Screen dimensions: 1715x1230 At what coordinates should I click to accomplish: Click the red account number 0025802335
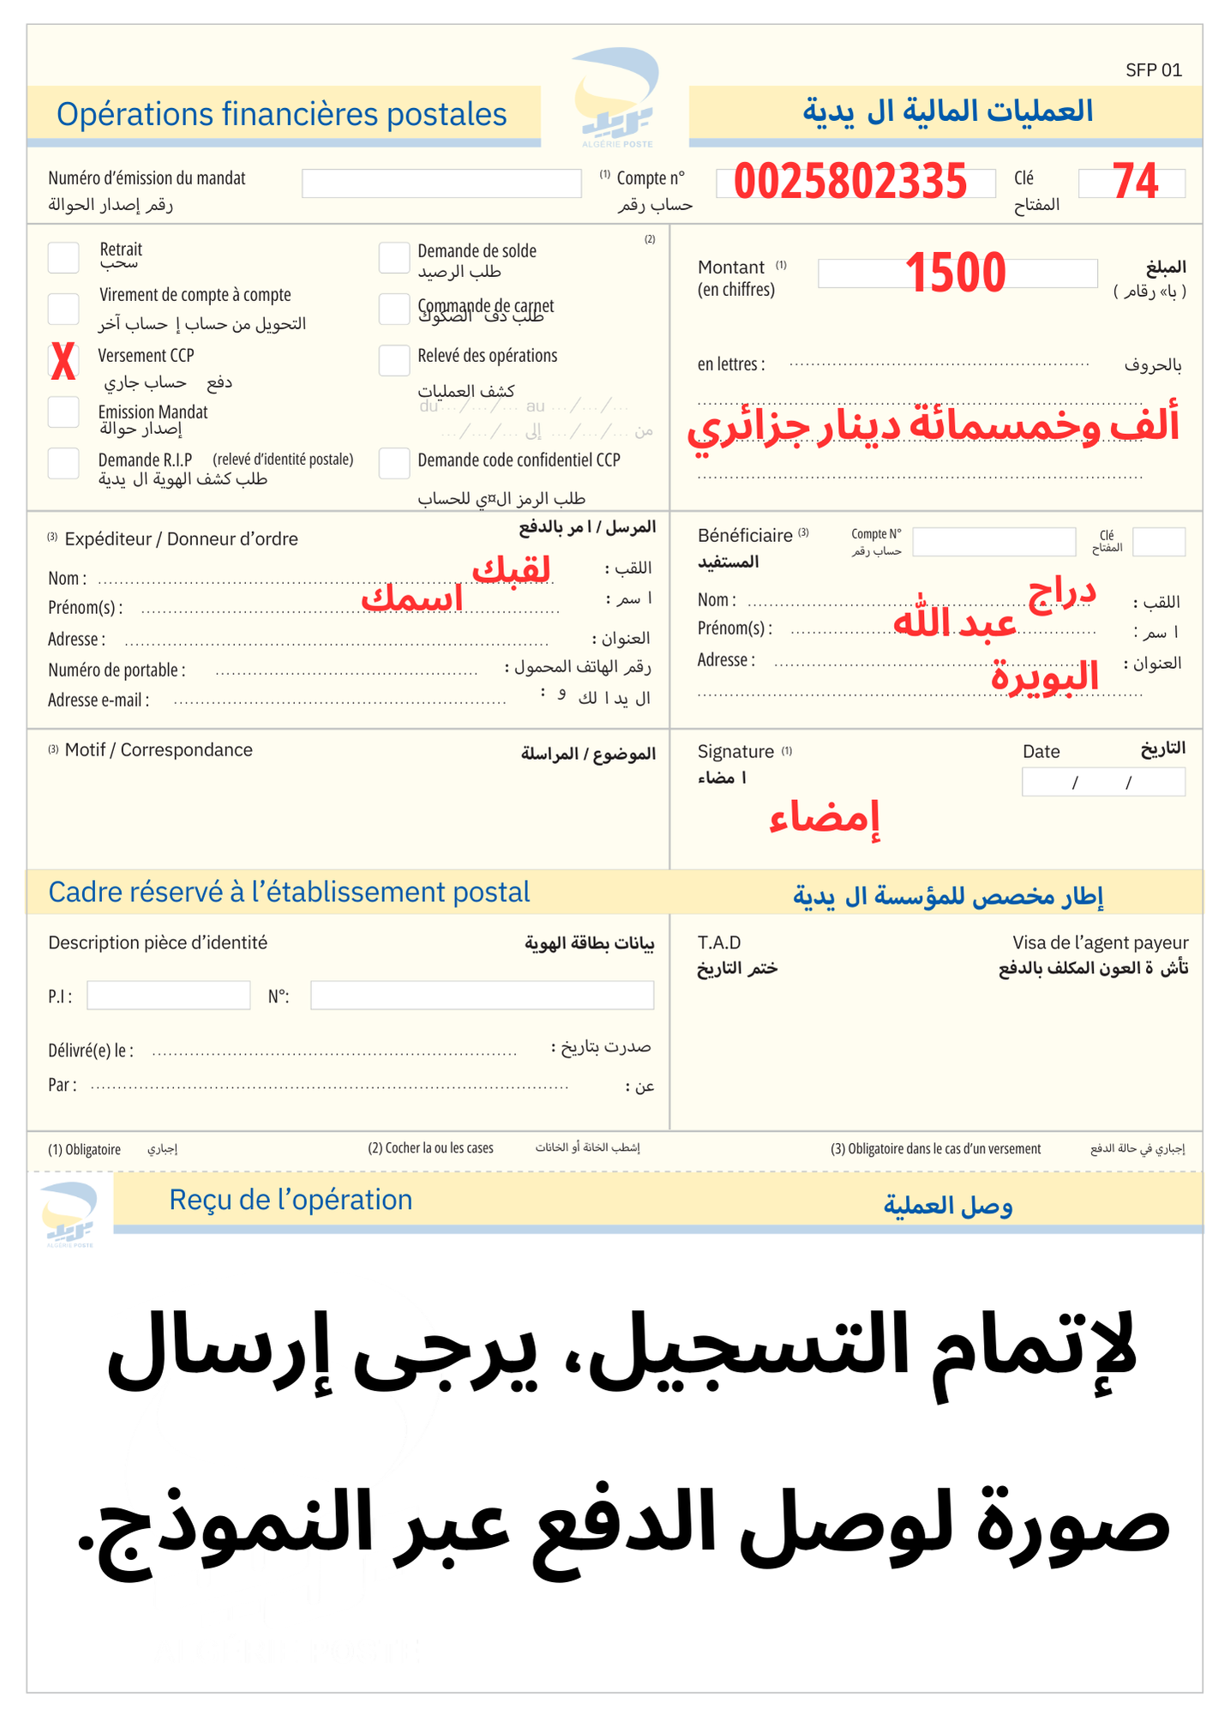[850, 182]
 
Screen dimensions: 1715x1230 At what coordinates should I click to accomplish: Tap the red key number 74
[1135, 182]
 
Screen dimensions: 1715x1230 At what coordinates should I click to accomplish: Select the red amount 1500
[955, 273]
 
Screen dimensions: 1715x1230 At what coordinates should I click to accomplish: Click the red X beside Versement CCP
[63, 361]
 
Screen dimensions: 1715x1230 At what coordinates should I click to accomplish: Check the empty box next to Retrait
[63, 256]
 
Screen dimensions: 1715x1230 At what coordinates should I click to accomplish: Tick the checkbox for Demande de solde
[394, 256]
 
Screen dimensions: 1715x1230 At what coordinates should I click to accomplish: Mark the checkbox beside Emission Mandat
[63, 412]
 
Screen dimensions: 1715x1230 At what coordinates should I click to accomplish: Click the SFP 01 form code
[1153, 70]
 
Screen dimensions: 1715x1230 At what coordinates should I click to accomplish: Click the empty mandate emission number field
[441, 184]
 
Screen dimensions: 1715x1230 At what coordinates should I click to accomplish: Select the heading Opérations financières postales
[282, 114]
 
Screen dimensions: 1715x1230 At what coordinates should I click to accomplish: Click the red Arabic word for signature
[824, 817]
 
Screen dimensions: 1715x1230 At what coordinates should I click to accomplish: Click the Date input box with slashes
[1103, 782]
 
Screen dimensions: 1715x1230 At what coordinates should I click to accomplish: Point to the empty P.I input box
[168, 996]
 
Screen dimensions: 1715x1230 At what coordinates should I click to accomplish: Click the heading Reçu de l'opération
[291, 1200]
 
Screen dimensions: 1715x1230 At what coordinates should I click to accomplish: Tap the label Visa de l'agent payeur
[1100, 942]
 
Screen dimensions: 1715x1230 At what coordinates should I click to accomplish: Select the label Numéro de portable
[117, 670]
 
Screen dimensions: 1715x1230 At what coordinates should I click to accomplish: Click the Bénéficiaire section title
[745, 535]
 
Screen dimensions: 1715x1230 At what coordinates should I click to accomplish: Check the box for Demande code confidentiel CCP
[394, 463]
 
